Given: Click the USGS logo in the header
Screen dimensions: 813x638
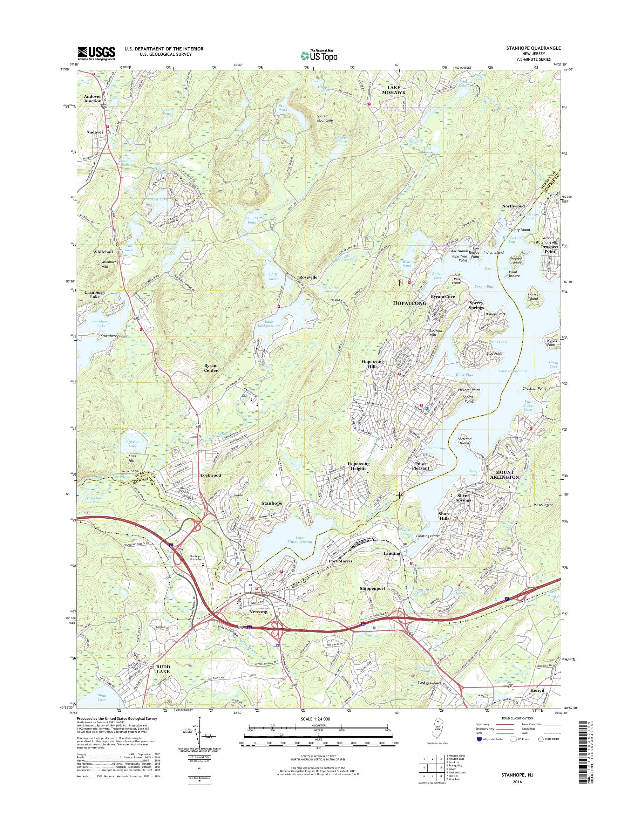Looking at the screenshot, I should pyautogui.click(x=96, y=53).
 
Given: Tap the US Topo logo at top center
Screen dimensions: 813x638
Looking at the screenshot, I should pyautogui.click(x=319, y=55).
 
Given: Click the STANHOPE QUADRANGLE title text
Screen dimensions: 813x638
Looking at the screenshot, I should pyautogui.click(x=534, y=49).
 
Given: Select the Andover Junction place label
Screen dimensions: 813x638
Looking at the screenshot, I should pyautogui.click(x=93, y=98).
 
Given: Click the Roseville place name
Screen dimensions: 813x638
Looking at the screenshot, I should pyautogui.click(x=308, y=278).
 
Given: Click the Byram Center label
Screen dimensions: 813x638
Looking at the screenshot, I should pyautogui.click(x=211, y=368).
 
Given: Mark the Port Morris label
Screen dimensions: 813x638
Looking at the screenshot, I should pyautogui.click(x=341, y=561).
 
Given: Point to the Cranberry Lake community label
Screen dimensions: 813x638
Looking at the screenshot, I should pyautogui.click(x=95, y=295).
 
